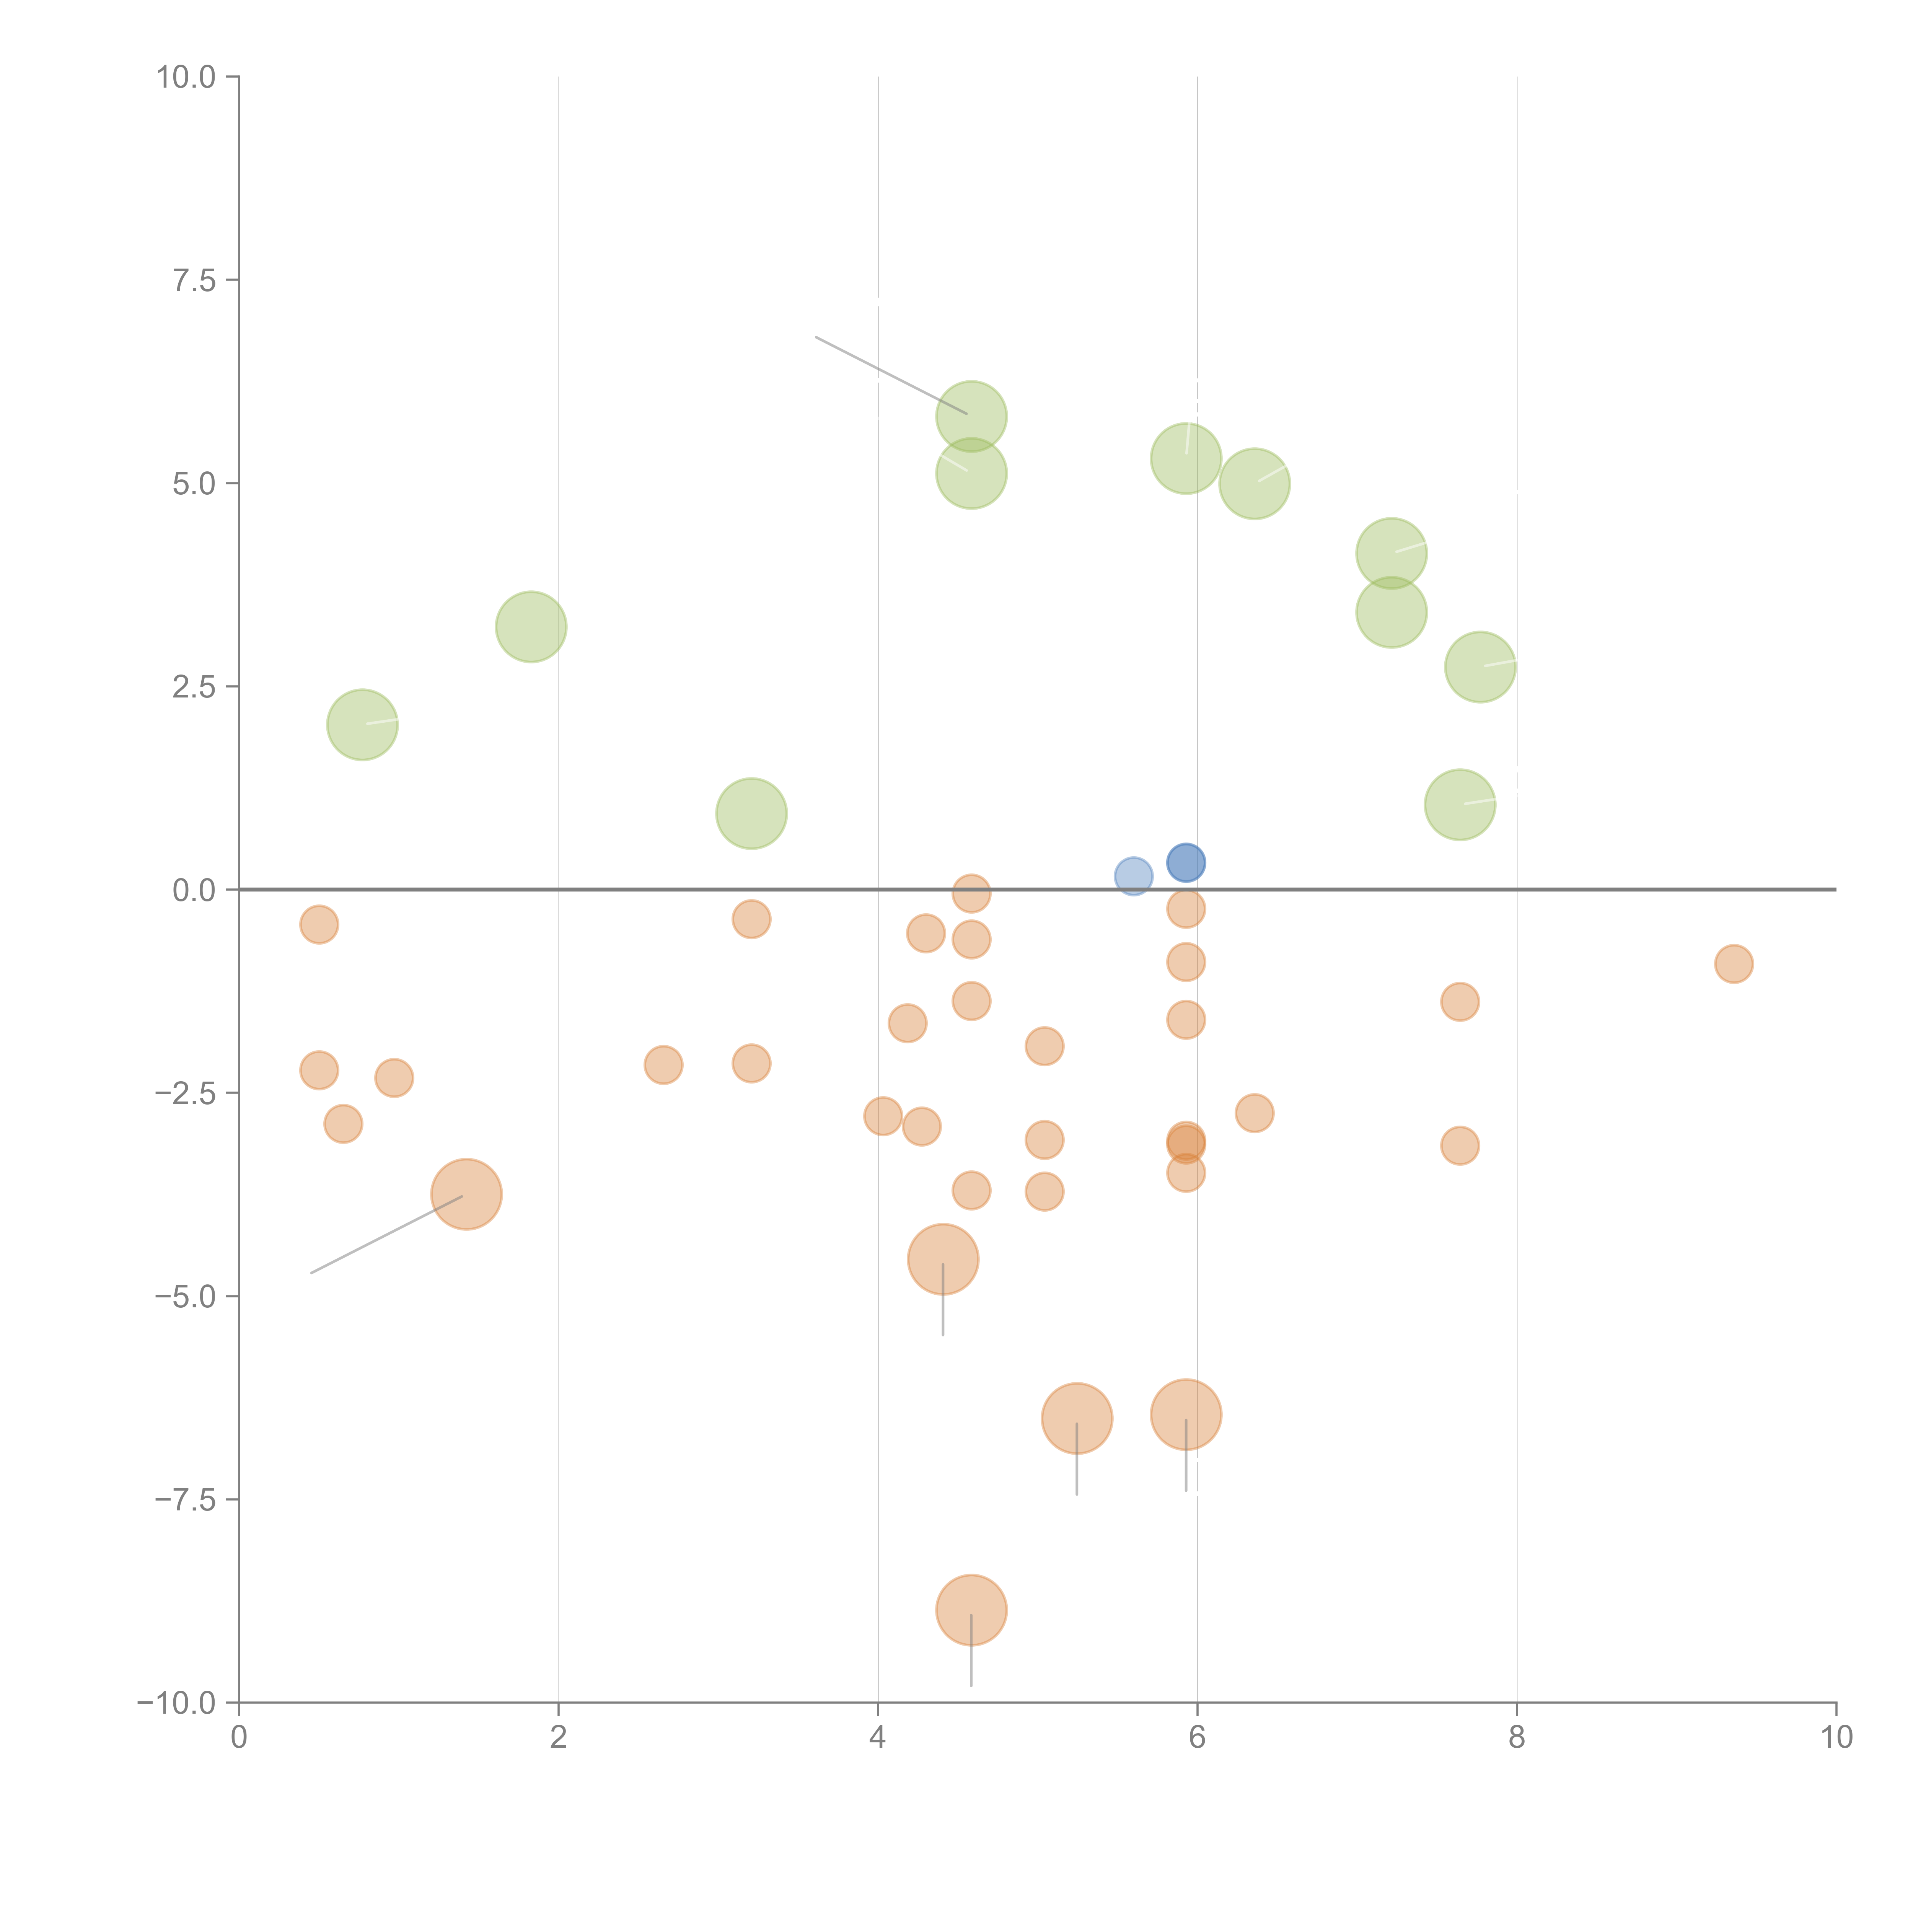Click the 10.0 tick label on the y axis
(186, 77)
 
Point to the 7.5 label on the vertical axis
(194, 280)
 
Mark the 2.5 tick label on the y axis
(194, 687)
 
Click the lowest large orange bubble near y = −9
(971, 1610)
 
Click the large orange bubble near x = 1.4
(466, 1194)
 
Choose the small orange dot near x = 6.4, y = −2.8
(1253, 1113)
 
